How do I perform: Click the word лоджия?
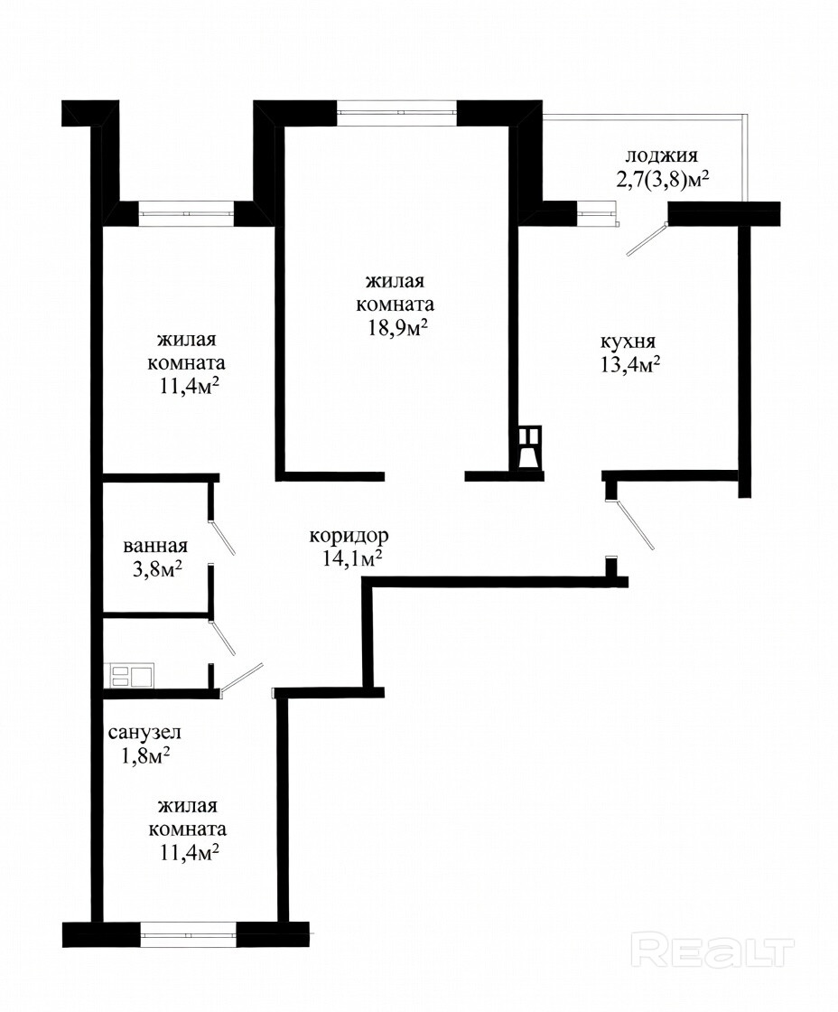661,157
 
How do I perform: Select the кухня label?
628,342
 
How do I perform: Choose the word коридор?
349,537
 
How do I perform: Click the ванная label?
154,546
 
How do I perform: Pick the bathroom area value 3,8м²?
153,569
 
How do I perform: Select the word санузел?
144,733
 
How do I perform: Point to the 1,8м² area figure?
145,755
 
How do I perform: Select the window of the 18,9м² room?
397,112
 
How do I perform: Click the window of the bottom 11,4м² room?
189,933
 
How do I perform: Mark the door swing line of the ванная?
222,537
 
